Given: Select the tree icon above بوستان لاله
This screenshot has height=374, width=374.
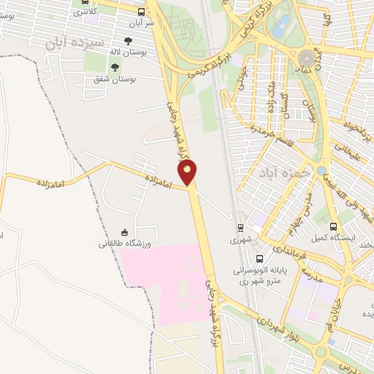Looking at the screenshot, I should (x=129, y=42).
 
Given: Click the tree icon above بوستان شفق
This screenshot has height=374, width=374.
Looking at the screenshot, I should (x=114, y=67).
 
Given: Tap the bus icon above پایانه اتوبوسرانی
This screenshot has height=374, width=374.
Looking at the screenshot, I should (x=259, y=258).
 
